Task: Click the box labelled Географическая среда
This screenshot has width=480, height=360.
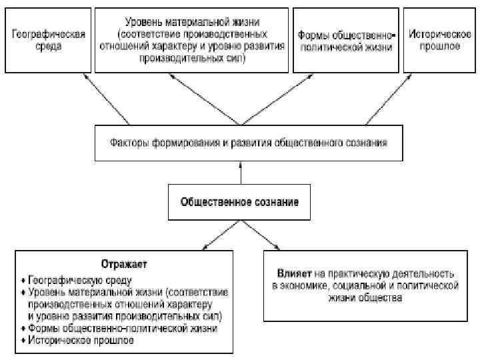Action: click(x=46, y=40)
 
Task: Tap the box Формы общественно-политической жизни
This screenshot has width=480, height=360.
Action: click(x=345, y=40)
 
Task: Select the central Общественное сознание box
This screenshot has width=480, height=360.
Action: click(x=239, y=201)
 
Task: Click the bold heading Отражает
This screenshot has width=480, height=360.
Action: click(x=124, y=264)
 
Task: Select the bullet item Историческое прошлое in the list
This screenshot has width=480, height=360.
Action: click(x=81, y=341)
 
